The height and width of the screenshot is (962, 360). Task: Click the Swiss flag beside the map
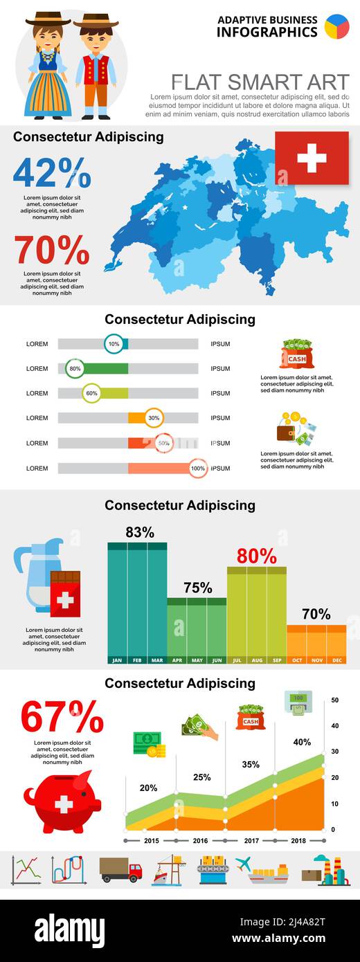(x=312, y=158)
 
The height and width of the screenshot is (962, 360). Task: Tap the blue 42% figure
(x=52, y=173)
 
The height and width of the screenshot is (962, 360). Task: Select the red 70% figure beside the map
(x=52, y=251)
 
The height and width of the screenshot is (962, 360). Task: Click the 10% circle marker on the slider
(x=114, y=344)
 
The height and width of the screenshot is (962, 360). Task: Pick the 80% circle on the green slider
(x=75, y=369)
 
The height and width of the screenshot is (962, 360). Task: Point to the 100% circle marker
(x=198, y=469)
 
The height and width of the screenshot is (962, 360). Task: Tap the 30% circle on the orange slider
(x=154, y=418)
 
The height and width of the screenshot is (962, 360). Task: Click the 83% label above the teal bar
(x=140, y=532)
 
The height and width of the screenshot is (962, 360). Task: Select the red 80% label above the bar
(x=256, y=556)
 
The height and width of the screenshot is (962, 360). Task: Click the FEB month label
(x=137, y=660)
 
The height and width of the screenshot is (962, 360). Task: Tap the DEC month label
(x=336, y=660)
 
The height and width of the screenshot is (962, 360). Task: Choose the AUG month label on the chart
(x=257, y=660)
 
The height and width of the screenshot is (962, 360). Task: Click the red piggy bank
(x=62, y=803)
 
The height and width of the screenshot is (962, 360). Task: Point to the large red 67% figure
(x=62, y=718)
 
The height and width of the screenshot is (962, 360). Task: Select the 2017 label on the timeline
(x=253, y=841)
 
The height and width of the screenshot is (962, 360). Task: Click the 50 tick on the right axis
(x=334, y=700)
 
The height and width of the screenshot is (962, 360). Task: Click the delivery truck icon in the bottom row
(x=120, y=870)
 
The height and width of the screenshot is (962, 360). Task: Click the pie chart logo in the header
(x=337, y=26)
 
